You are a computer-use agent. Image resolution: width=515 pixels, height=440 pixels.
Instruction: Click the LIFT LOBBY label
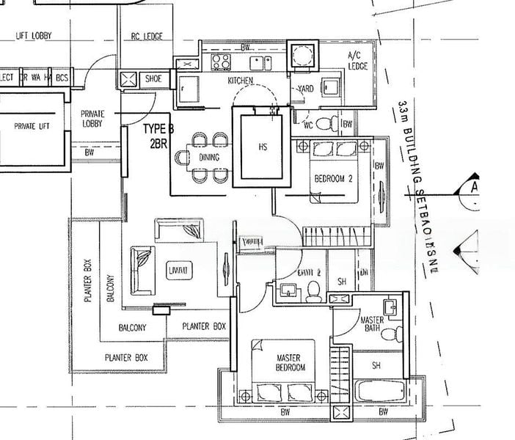(34, 35)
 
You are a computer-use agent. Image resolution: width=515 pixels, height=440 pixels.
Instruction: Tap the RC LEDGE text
(146, 35)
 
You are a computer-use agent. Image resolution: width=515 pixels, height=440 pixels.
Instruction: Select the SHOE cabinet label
(154, 79)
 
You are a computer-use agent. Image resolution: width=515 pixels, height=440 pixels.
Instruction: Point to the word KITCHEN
(241, 80)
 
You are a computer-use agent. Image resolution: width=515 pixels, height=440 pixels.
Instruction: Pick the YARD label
(305, 89)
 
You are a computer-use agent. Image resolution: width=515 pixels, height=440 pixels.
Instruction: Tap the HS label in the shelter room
(263, 147)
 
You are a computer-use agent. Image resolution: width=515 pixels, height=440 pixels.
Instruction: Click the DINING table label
(209, 157)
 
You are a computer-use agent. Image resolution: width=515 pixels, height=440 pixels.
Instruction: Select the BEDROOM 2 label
(334, 178)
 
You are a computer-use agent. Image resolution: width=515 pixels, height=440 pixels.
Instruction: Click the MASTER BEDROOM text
(290, 362)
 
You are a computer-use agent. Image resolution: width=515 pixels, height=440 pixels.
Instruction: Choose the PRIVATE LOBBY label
(94, 119)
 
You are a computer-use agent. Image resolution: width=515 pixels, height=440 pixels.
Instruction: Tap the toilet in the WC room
(332, 122)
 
